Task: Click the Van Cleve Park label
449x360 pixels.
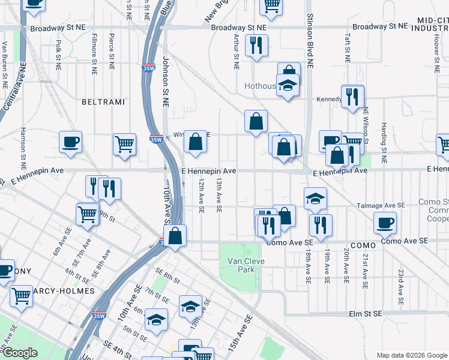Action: click(241, 265)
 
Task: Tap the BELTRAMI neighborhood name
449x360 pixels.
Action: click(103, 102)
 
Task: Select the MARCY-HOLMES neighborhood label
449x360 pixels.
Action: click(60, 291)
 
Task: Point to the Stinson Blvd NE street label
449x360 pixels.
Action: click(310, 42)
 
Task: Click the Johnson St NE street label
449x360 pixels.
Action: click(166, 82)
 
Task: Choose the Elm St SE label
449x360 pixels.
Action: click(366, 314)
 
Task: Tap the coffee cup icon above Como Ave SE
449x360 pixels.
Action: click(385, 223)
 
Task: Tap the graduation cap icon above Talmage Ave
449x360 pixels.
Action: click(315, 199)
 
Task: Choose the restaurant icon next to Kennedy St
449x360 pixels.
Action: click(352, 96)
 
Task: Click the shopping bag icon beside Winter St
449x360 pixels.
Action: click(195, 143)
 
